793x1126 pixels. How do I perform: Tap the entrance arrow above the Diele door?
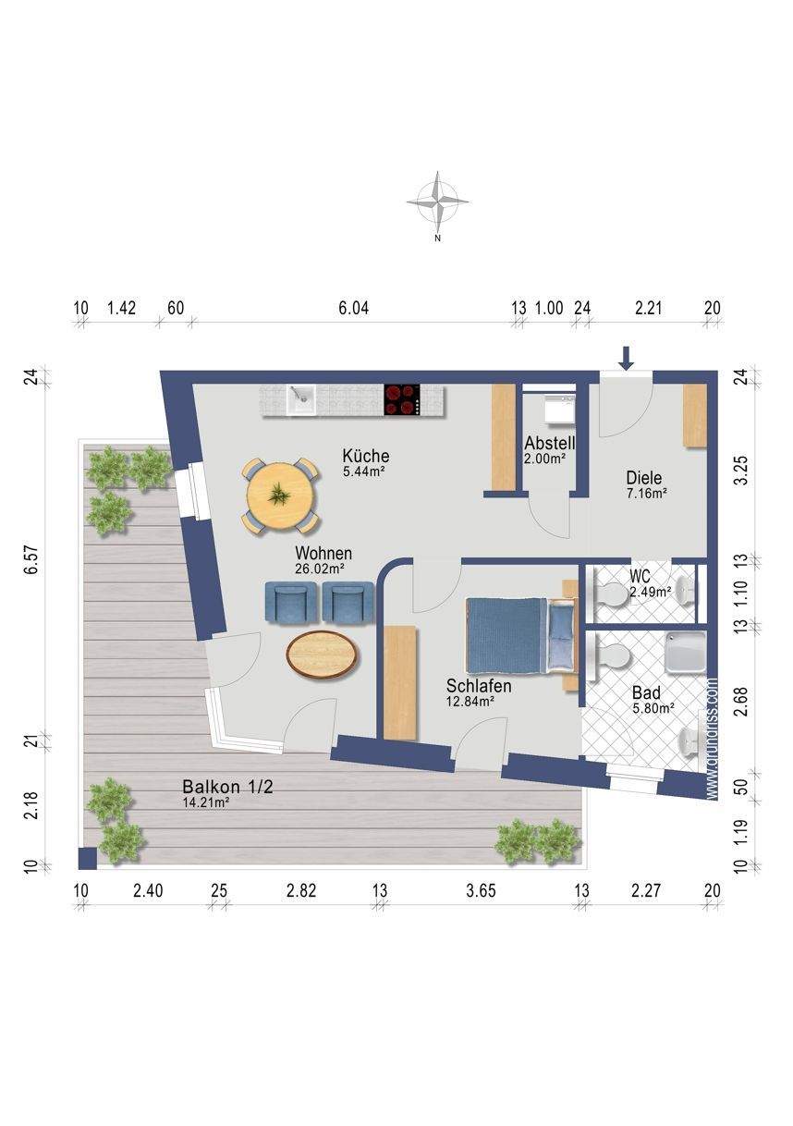click(x=626, y=358)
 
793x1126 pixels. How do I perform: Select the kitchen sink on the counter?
click(x=301, y=399)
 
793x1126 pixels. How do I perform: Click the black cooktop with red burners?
click(x=401, y=399)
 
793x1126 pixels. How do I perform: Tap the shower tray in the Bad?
click(x=686, y=652)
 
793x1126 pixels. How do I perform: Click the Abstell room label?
click(x=550, y=444)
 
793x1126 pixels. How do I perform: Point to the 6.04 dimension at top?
click(x=353, y=308)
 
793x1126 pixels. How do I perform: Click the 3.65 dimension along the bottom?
click(x=481, y=905)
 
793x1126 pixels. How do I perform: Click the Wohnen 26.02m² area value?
click(x=320, y=569)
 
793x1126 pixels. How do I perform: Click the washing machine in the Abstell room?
click(x=559, y=409)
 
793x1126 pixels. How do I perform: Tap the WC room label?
click(x=640, y=576)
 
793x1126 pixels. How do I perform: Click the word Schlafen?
click(x=479, y=686)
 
